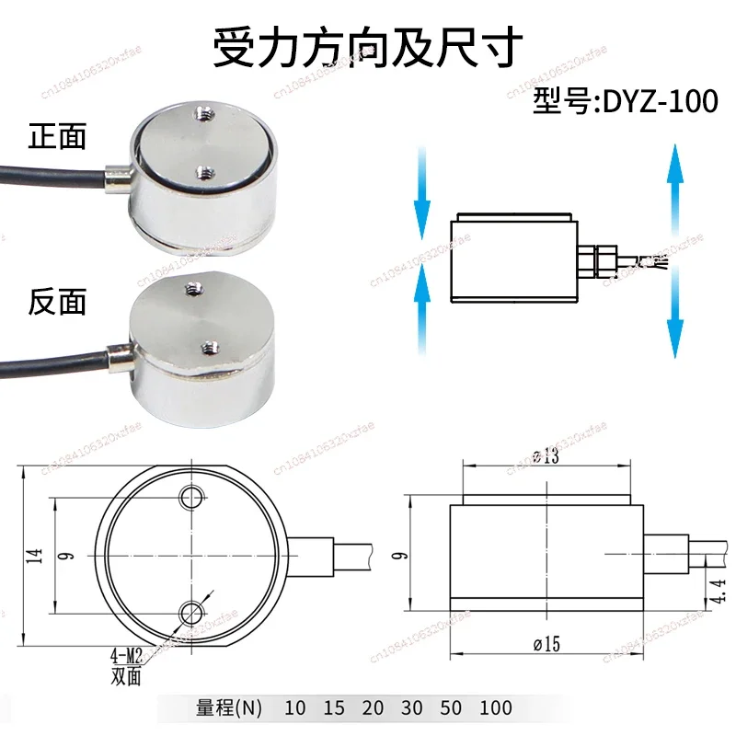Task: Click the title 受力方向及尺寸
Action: [368, 46]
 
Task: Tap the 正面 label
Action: [58, 138]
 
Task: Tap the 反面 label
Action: [58, 301]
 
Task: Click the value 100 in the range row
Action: [496, 708]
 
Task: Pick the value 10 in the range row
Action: [294, 708]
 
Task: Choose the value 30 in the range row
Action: [412, 708]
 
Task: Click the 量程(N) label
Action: [229, 708]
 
